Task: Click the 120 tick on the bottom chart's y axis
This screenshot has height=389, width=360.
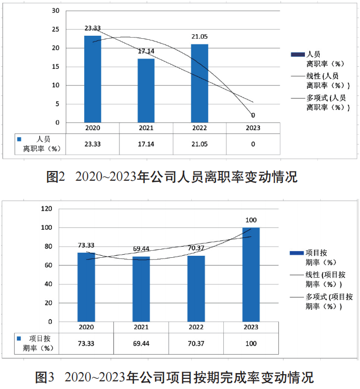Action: tap(46, 209)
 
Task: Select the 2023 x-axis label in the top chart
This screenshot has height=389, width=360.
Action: tap(253, 128)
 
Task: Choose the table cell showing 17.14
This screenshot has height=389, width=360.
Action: tap(146, 144)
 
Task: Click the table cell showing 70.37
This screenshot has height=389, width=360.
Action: tap(196, 344)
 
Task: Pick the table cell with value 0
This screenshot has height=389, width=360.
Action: tap(253, 144)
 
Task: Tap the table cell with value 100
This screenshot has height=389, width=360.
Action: tap(251, 344)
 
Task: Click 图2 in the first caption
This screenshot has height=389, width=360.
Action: tap(55, 177)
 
